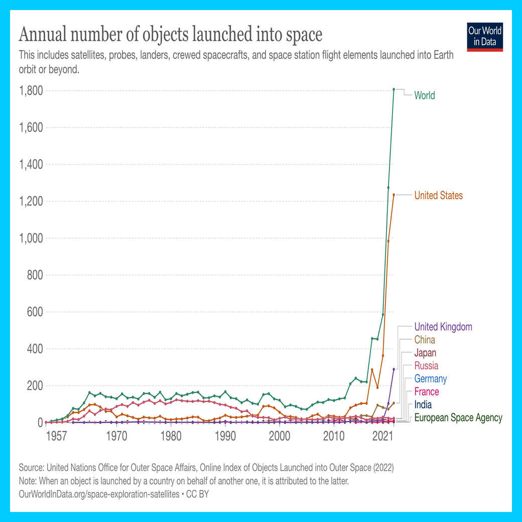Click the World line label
pos(424,95)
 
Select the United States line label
pos(438,195)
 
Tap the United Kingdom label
pos(443,327)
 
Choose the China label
pos(425,340)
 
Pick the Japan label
pos(425,353)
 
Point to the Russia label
pos(426,366)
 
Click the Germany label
pos(430,379)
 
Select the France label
pos(427,392)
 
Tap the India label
pos(423,405)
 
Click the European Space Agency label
pos(458,418)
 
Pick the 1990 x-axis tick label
pos(225,435)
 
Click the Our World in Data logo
pos(484,36)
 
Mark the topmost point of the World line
pos(394,89)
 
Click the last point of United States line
pos(394,195)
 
